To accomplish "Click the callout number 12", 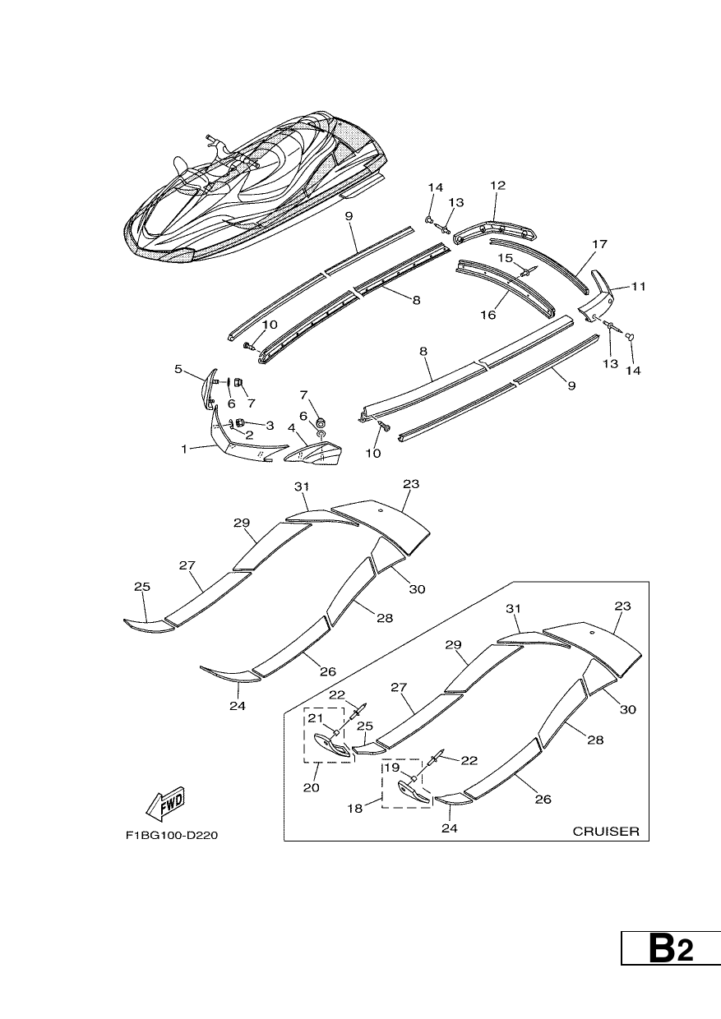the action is click(498, 186).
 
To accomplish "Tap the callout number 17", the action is click(600, 244).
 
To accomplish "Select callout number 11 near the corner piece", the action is click(639, 286).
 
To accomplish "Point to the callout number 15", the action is click(506, 258).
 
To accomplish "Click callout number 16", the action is click(488, 315).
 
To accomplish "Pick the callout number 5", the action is click(178, 369).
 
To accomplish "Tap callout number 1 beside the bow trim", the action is click(184, 450).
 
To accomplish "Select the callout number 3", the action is click(270, 426).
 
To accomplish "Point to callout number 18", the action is click(355, 809).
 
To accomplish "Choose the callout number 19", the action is click(392, 768).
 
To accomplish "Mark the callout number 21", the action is click(316, 718).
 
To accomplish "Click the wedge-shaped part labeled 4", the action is click(313, 455).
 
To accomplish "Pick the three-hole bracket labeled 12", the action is click(494, 232).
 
